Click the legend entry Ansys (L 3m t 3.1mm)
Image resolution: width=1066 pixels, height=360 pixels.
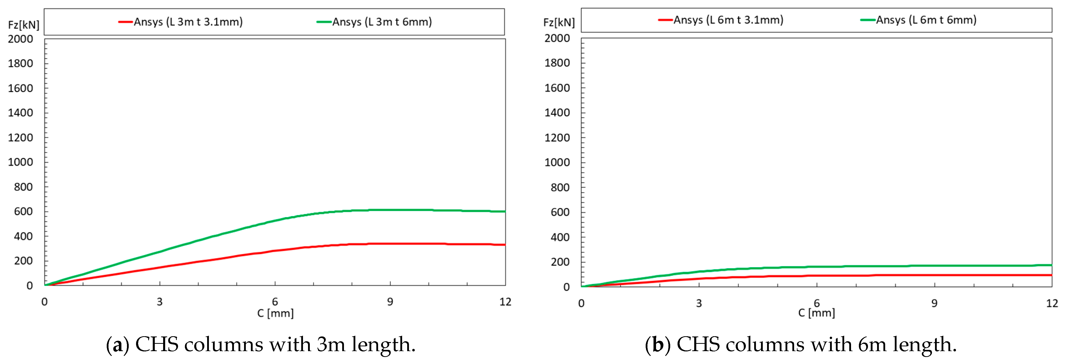pos(188,22)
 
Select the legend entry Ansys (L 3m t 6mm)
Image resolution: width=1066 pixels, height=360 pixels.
pos(382,22)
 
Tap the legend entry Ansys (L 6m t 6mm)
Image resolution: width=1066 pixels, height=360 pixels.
pos(926,20)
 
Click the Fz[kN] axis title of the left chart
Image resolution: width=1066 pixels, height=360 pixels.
pos(24,25)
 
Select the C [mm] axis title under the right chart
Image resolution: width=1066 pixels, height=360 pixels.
pos(816,313)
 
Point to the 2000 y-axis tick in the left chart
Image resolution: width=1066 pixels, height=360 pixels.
pos(20,39)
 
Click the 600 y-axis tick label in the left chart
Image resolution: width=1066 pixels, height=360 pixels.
pos(23,211)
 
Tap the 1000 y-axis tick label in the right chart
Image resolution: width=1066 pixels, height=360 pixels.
pos(557,162)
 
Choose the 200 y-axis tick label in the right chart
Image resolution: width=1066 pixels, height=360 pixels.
pos(560,262)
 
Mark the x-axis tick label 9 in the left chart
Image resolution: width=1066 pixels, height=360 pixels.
pos(390,302)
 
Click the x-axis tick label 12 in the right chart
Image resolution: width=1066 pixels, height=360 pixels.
pos(1052,303)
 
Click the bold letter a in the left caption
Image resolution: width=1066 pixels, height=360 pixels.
pos(118,345)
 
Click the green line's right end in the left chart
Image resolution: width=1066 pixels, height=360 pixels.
pos(505,211)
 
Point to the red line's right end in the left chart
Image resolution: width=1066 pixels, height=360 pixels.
pos(505,245)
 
